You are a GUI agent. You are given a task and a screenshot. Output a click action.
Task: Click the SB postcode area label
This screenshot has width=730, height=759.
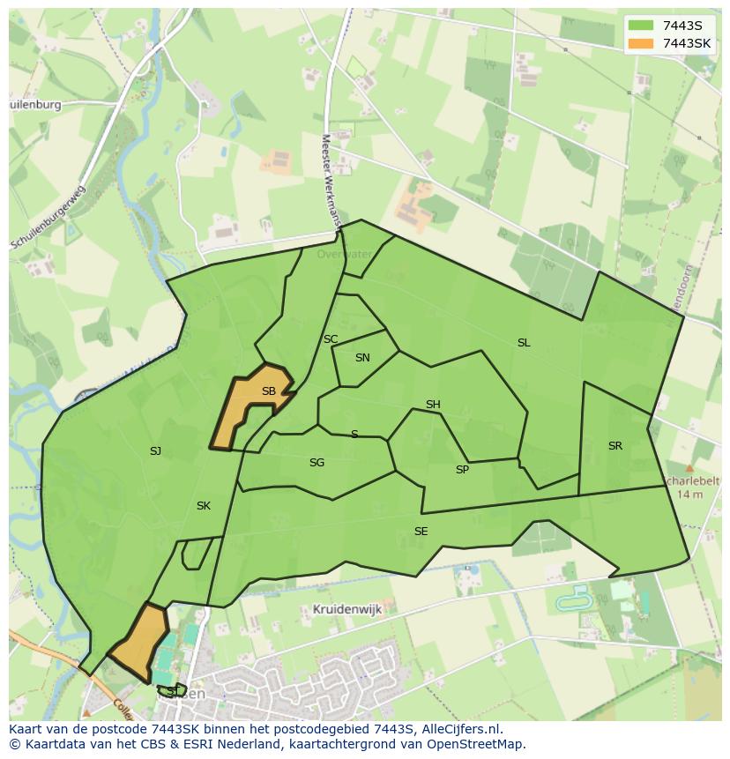269,391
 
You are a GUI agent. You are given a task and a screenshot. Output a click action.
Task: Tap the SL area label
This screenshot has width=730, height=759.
524,343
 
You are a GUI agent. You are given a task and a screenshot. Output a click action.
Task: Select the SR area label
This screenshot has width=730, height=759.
615,446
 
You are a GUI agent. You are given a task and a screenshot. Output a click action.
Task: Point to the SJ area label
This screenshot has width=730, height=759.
155,451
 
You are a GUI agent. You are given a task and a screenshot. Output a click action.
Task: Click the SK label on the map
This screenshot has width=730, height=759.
204,506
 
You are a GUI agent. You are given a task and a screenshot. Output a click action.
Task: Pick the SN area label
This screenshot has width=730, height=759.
362,358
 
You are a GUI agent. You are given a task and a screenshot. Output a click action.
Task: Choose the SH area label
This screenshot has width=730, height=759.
433,405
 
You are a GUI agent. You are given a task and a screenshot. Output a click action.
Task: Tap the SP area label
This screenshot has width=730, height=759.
462,470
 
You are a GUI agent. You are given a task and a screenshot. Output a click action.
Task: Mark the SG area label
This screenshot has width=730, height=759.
317,463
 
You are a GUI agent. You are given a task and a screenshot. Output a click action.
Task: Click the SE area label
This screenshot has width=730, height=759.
421,532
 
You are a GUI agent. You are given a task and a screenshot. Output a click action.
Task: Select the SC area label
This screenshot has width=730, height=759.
331,339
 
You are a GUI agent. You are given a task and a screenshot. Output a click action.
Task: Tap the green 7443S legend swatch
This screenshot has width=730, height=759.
641,25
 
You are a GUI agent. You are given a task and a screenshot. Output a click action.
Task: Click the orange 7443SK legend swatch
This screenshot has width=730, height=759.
641,43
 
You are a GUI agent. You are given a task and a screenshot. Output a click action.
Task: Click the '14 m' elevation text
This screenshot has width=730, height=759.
690,495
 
